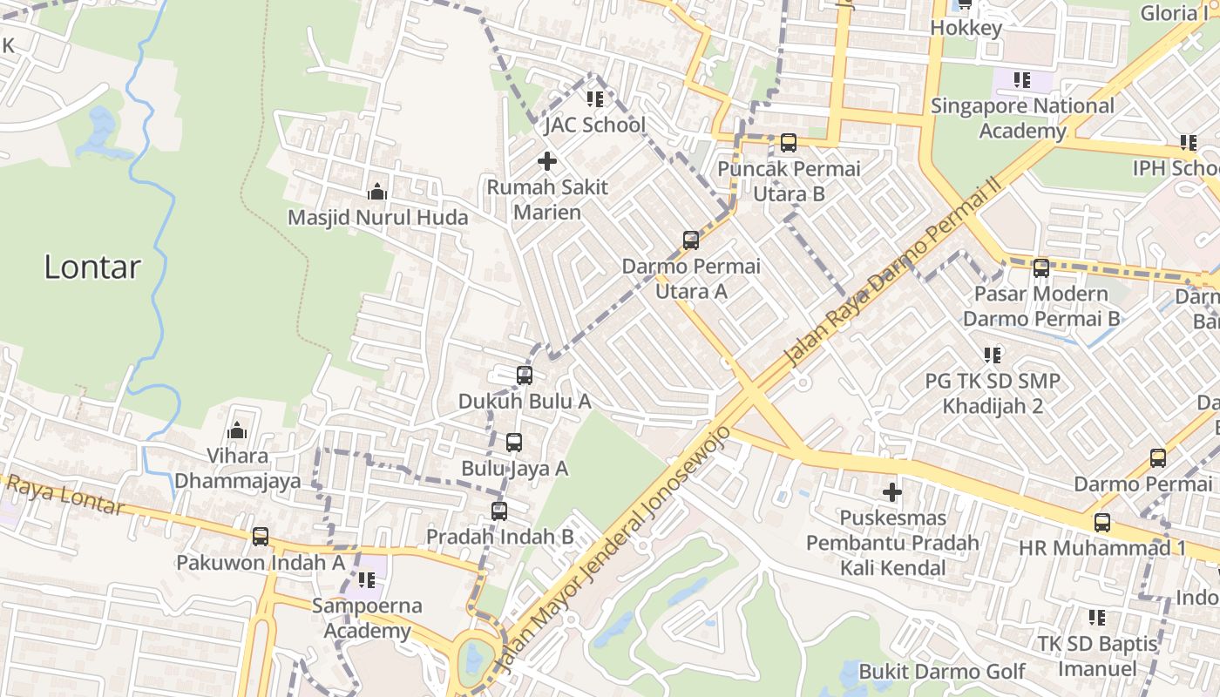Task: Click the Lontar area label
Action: point(91,267)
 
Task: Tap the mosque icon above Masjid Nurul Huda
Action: point(376,192)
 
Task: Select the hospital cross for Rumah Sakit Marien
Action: point(547,161)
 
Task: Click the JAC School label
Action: point(595,125)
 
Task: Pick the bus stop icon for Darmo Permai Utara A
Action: point(691,240)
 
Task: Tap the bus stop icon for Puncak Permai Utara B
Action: point(789,142)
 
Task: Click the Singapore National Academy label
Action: point(1022,118)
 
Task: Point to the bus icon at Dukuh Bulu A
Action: point(525,376)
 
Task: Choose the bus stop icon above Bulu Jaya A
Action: point(514,443)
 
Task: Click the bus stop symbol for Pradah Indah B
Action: point(499,511)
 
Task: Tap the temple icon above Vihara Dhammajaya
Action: point(237,430)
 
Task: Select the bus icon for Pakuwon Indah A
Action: point(261,537)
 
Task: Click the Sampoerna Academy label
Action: point(367,618)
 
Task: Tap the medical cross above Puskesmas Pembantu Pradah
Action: point(892,493)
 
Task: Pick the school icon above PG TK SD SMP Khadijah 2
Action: point(993,355)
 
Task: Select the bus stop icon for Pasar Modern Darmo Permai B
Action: point(1041,268)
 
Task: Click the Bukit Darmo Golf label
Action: point(942,672)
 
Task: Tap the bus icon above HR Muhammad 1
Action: point(1102,523)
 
